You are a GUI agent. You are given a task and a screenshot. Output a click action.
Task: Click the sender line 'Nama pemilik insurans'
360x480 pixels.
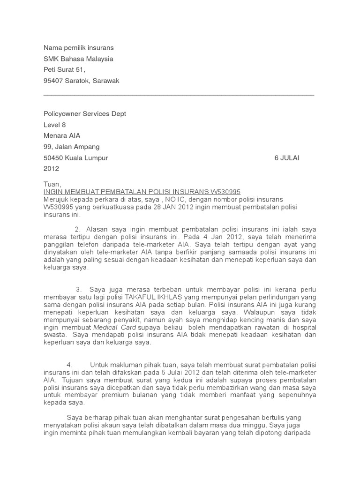pos(79,48)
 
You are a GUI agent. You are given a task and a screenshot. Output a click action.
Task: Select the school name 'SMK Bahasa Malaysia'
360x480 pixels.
pos(78,59)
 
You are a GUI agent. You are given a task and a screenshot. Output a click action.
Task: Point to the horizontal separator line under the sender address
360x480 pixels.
pos(179,95)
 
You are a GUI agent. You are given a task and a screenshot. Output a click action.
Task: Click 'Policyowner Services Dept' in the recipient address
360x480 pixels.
pos(85,114)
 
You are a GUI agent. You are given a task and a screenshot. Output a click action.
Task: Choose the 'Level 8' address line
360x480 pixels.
pos(55,125)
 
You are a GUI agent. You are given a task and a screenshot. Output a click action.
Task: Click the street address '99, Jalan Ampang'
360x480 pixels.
pos(71,147)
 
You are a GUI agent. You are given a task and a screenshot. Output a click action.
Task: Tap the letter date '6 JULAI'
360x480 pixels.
pos(287,158)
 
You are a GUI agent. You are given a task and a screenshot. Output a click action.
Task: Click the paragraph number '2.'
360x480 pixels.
pos(78,229)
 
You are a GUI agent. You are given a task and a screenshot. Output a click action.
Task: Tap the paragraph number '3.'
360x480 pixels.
pos(79,290)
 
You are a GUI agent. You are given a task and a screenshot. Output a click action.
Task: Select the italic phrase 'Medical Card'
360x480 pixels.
pos(115,327)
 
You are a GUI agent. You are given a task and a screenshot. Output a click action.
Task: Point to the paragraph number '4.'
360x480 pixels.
pos(69,365)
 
